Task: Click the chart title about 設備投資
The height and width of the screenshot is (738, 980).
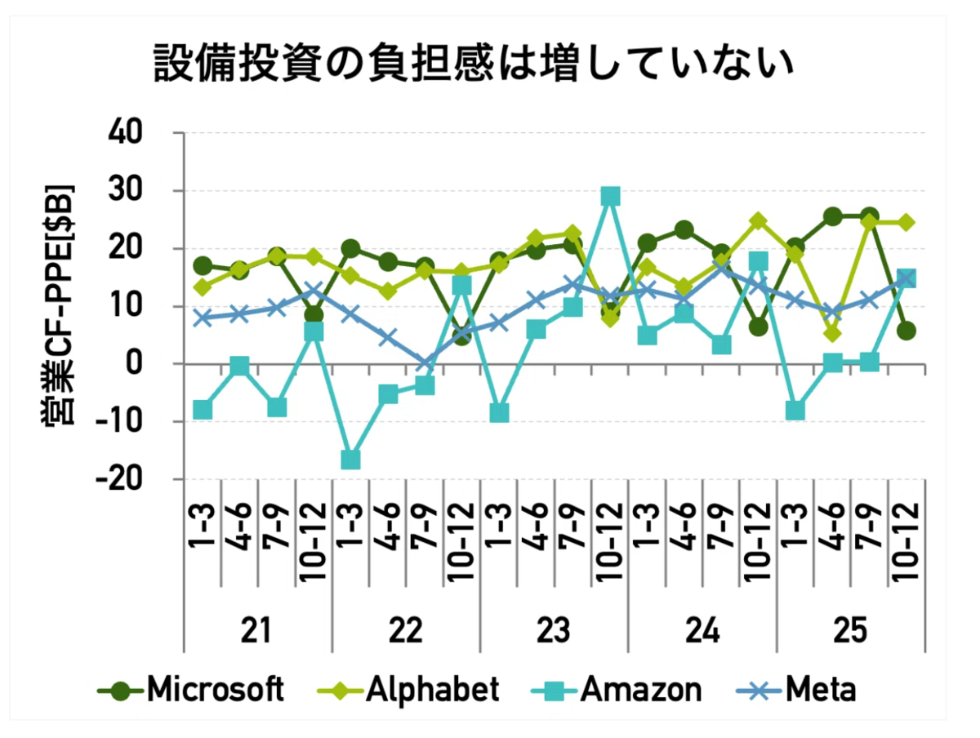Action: point(473,63)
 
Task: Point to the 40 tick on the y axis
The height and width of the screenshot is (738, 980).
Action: point(125,132)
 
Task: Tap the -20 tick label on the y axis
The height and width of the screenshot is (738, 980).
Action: point(119,478)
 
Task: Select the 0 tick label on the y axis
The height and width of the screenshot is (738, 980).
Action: point(134,363)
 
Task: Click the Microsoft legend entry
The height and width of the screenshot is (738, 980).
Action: point(190,689)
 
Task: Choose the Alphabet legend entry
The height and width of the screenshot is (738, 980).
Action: point(408,689)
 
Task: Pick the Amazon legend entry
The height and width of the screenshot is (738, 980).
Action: point(616,689)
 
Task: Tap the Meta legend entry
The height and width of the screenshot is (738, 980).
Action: point(796,689)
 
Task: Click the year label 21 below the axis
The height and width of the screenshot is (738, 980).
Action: point(256,630)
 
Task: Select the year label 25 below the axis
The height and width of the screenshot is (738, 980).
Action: point(850,630)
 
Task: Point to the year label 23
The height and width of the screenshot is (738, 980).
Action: point(554,630)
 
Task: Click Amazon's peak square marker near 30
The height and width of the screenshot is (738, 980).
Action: point(610,196)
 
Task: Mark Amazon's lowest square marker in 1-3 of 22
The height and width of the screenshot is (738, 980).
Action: point(351,460)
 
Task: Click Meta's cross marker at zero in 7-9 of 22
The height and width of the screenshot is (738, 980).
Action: point(425,364)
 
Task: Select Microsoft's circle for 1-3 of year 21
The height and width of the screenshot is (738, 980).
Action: point(203,266)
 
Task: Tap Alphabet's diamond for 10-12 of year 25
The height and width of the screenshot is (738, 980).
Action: point(906,222)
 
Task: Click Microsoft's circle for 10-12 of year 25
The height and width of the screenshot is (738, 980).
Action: point(906,331)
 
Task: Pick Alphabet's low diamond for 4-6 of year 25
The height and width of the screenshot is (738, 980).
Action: point(833,333)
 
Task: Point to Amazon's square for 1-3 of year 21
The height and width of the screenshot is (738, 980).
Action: point(203,410)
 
